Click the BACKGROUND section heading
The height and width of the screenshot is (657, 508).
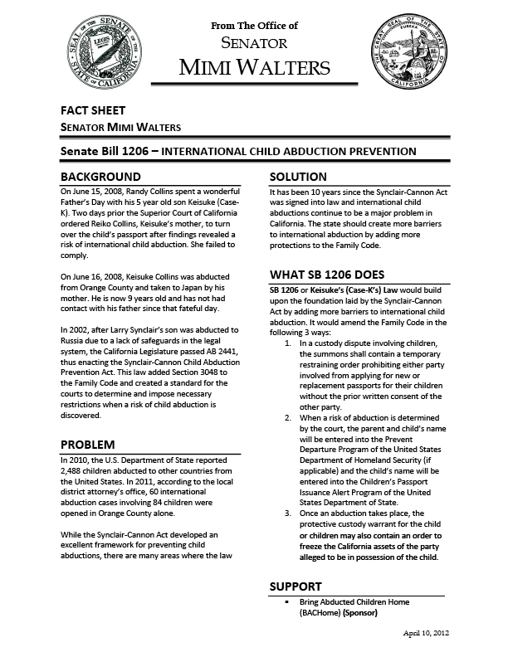coord(101,177)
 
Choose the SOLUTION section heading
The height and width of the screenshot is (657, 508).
coord(299,177)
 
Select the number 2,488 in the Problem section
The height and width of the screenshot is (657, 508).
coord(74,470)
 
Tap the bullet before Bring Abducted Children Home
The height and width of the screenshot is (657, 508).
coord(286,601)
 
